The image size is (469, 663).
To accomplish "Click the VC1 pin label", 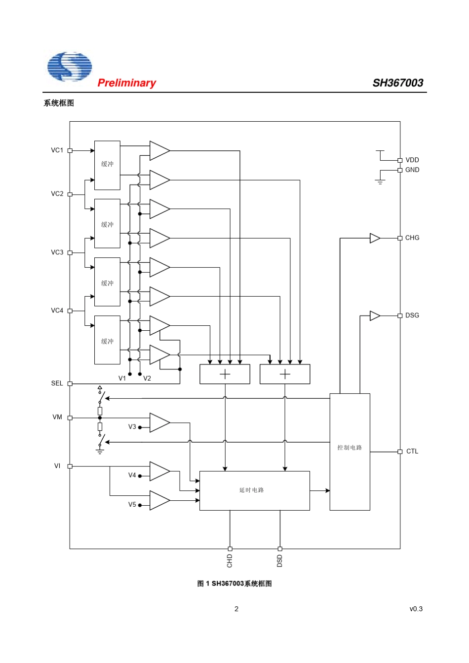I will point(57,150).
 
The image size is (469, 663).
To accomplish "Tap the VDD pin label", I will point(412,160).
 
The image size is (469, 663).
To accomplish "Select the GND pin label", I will point(412,170).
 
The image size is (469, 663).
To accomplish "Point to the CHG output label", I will point(412,238).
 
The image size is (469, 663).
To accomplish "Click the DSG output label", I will point(412,315).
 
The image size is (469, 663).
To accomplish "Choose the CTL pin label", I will point(412,452).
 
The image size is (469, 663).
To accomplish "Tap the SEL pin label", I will point(57,384).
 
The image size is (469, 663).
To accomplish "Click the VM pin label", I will point(57,418).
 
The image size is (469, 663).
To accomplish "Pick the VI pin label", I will point(57,466).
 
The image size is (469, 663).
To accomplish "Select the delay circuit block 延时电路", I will point(254,490).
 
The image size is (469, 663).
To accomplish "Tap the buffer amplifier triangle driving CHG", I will point(375,239).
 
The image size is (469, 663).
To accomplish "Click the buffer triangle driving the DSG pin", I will point(375,315).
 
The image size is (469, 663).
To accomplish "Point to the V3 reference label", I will point(132,427).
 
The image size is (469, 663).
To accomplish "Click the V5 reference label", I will point(132,505).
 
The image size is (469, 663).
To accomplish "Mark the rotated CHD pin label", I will point(230,561).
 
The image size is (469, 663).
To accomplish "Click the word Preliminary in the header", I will point(126,83).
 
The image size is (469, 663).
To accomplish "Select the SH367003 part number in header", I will point(398,83).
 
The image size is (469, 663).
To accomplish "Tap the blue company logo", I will point(70,67).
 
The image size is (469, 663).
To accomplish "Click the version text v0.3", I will point(416,609).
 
